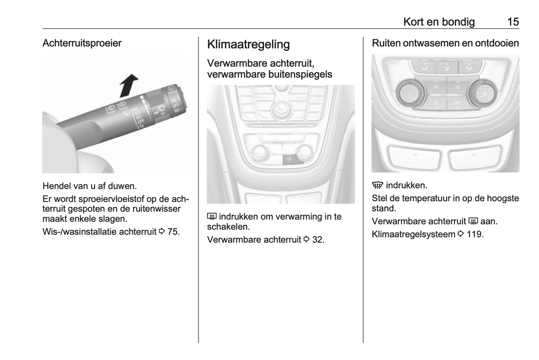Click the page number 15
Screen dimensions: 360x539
[x=513, y=22]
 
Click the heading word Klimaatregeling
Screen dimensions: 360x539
[x=248, y=44]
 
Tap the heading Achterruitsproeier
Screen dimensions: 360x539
[x=82, y=43]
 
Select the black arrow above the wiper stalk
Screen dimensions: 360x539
[x=128, y=85]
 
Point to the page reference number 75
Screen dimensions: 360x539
[x=173, y=232]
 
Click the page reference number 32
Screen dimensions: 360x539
[x=317, y=240]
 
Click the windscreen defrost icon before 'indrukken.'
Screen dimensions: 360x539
[x=377, y=186]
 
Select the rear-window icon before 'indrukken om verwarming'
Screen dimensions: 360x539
[x=212, y=217]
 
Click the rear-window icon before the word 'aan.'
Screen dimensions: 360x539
[x=473, y=222]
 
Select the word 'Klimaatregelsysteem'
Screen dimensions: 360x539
[x=413, y=234]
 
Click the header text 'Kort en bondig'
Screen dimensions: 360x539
[x=439, y=22]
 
